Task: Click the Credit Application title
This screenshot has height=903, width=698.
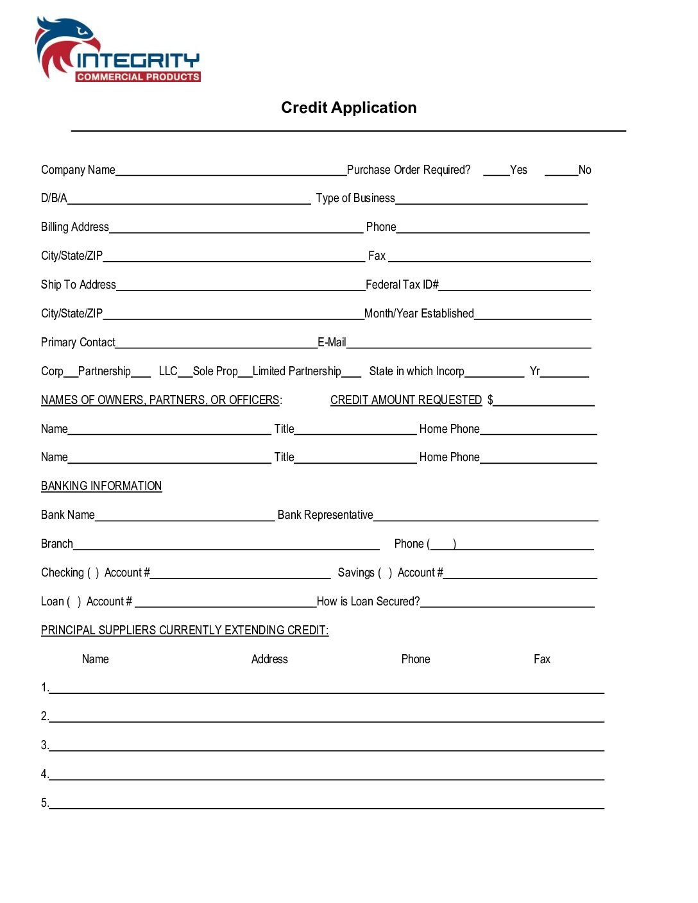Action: pyautogui.click(x=348, y=108)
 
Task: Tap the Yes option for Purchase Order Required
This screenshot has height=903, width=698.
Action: pyautogui.click(x=496, y=171)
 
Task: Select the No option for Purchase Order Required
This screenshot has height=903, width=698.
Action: pyautogui.click(x=561, y=171)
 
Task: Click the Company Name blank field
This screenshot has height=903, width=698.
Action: pyautogui.click(x=231, y=171)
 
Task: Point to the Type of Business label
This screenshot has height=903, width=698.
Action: pyautogui.click(x=355, y=198)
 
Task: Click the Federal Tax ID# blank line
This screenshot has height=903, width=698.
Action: pyautogui.click(x=515, y=286)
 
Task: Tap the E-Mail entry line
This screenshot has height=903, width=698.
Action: pyautogui.click(x=468, y=344)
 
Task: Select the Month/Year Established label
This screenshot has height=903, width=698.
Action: pyautogui.click(x=419, y=314)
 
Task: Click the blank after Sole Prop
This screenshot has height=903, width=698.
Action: pyautogui.click(x=245, y=373)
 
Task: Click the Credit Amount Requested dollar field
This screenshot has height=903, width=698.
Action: pyautogui.click(x=544, y=401)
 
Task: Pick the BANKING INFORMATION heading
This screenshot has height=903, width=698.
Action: pyautogui.click(x=101, y=486)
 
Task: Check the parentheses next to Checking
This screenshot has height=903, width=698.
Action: pyautogui.click(x=93, y=573)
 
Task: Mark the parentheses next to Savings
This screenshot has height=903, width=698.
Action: pyautogui.click(x=385, y=573)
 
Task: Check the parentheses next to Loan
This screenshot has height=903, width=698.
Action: pyautogui.click(x=74, y=602)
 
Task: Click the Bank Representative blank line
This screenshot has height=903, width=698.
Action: pyautogui.click(x=486, y=516)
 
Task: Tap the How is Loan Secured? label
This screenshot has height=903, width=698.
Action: pyautogui.click(x=368, y=602)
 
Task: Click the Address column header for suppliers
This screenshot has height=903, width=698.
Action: pyautogui.click(x=269, y=659)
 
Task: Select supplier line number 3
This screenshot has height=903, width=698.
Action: pyautogui.click(x=327, y=746)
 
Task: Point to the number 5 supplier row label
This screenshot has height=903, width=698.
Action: pyautogui.click(x=44, y=803)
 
